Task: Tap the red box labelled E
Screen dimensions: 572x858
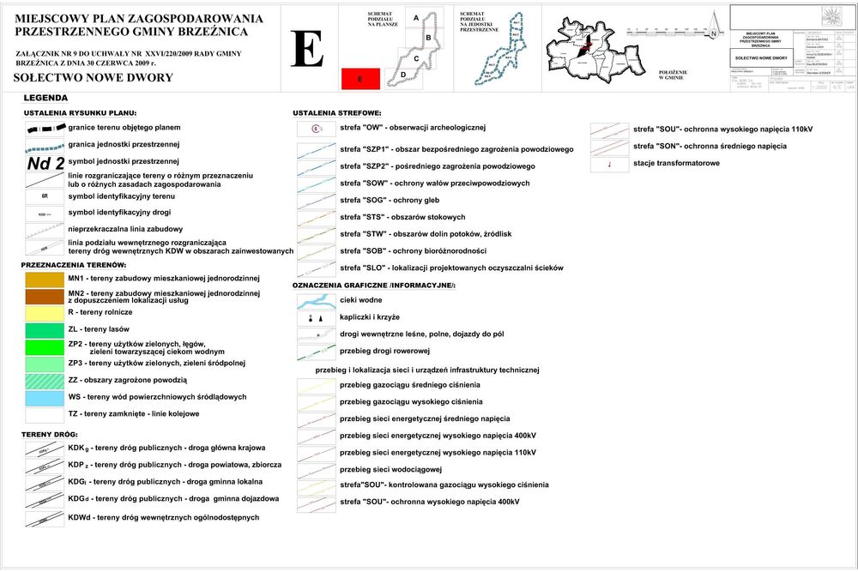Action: (x=361, y=79)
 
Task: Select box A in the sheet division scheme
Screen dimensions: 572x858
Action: (x=416, y=19)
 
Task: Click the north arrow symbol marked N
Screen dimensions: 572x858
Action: (x=712, y=33)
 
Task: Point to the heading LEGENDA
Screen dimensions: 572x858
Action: (x=45, y=98)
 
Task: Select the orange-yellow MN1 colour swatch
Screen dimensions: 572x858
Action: (x=45, y=279)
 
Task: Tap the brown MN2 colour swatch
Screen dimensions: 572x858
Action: (x=45, y=297)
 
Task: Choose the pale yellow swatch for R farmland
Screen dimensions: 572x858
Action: (x=45, y=313)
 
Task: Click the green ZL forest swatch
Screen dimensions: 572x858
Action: (x=45, y=329)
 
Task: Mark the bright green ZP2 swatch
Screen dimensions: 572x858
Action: (x=45, y=346)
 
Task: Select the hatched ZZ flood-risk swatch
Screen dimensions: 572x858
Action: (x=45, y=380)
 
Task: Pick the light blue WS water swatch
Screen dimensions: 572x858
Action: (x=45, y=397)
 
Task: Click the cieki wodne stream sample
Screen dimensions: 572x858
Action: (x=316, y=301)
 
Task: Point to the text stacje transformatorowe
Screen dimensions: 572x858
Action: (x=676, y=163)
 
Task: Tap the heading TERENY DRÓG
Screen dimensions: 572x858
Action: (x=50, y=435)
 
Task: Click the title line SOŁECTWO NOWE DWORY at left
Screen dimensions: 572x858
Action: (x=94, y=78)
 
